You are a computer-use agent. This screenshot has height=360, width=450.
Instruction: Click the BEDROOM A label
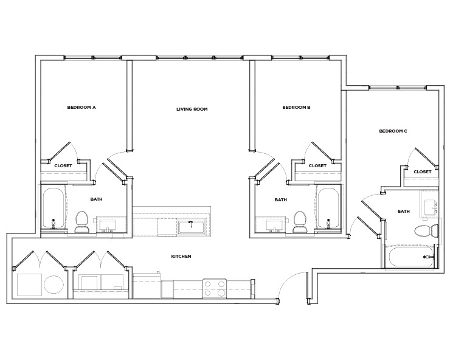point(81,107)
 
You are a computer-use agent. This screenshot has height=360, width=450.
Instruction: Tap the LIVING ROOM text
point(192,109)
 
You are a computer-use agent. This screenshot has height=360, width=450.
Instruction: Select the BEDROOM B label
point(297,107)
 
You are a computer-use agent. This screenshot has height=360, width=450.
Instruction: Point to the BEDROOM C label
point(393,131)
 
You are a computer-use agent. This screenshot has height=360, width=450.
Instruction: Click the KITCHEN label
point(181,257)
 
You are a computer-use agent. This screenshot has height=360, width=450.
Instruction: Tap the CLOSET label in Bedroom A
point(63,165)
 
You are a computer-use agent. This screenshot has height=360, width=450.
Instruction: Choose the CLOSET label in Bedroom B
point(317,165)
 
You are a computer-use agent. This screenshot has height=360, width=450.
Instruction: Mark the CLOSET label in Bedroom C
point(422,171)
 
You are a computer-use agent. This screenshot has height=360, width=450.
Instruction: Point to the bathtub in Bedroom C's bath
point(410,257)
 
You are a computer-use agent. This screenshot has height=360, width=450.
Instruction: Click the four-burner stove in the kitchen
point(215,288)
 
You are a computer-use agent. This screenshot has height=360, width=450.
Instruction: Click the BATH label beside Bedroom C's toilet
point(404,212)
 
